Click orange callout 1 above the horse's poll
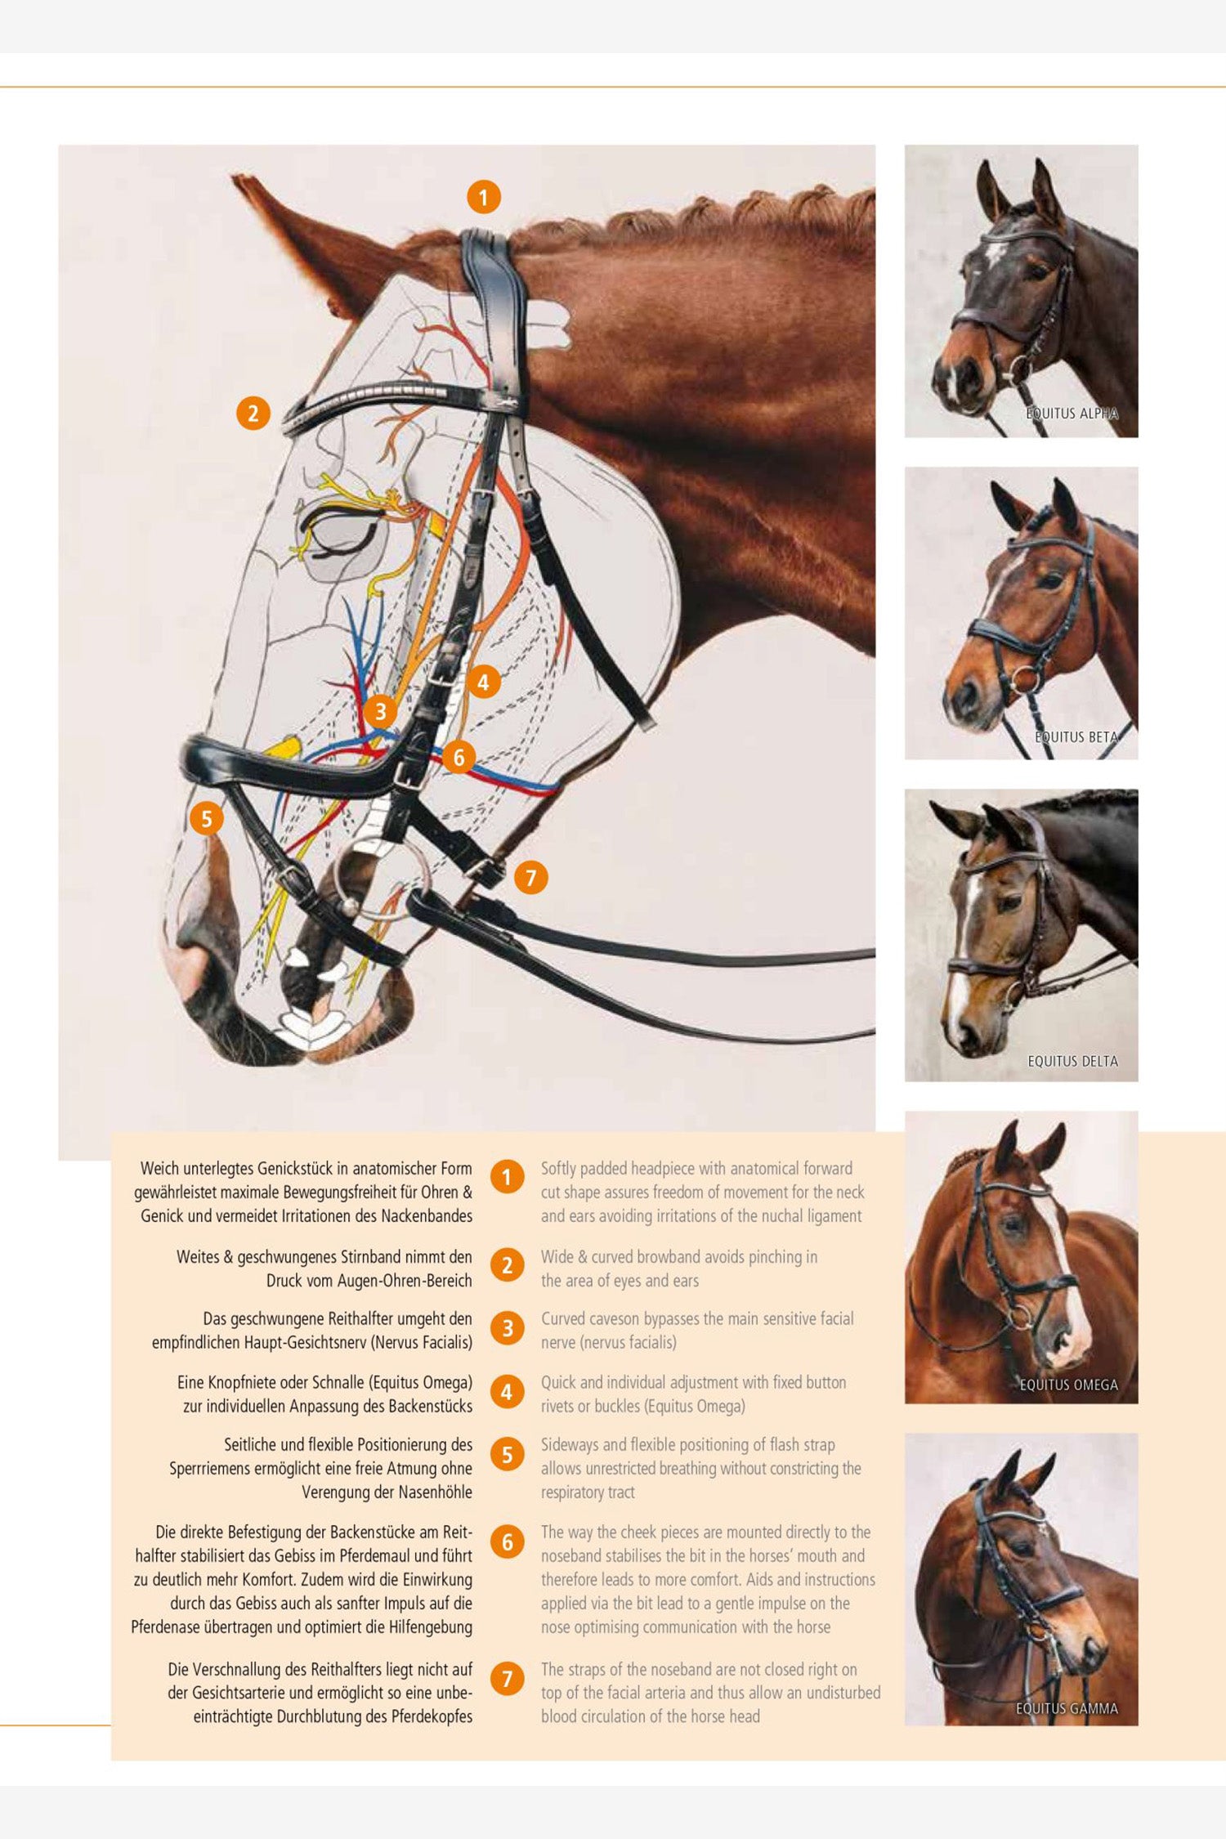click(484, 197)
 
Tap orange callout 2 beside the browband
click(253, 414)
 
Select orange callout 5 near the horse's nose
click(207, 818)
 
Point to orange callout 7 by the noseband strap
click(531, 878)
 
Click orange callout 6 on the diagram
click(459, 758)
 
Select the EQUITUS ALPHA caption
click(1072, 414)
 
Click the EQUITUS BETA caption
click(1076, 737)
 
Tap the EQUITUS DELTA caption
click(1072, 1061)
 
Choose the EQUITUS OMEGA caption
click(1069, 1385)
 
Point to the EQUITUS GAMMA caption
click(1067, 1708)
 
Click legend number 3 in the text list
click(507, 1329)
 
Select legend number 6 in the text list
click(507, 1541)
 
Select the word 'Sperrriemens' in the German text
click(208, 1469)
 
